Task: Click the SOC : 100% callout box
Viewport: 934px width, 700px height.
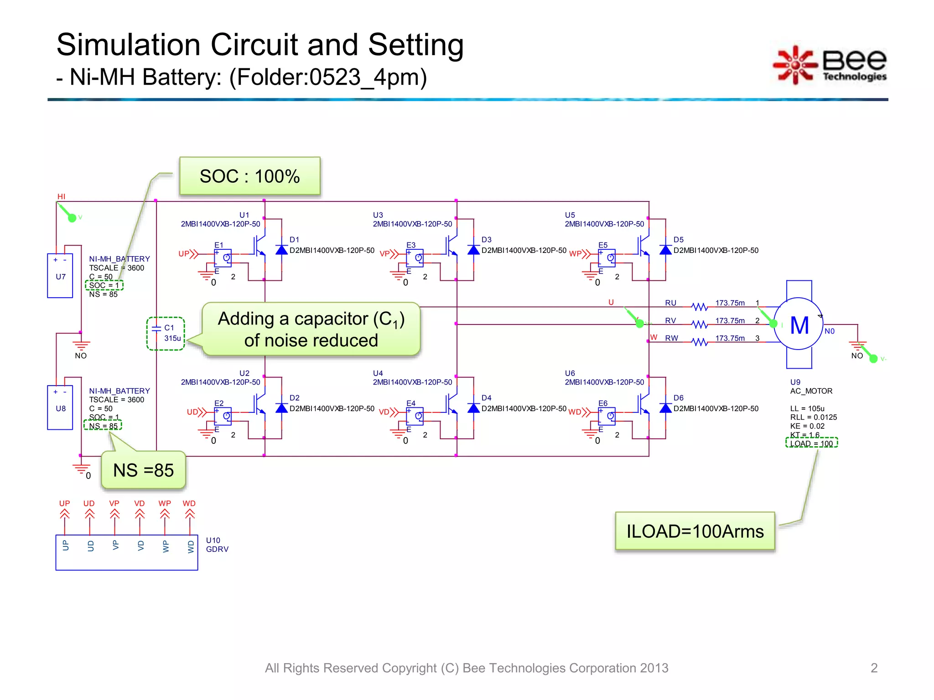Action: point(250,176)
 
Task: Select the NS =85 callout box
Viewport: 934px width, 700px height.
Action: point(143,470)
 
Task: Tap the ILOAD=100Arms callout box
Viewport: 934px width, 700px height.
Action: point(695,531)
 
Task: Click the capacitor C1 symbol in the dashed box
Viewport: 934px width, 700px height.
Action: point(156,328)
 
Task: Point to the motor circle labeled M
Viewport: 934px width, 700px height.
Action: point(799,324)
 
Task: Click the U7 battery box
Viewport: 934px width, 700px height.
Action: point(60,276)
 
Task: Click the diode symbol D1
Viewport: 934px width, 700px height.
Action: point(281,250)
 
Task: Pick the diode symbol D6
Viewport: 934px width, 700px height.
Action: point(665,408)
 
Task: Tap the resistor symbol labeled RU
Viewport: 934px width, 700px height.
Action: point(699,307)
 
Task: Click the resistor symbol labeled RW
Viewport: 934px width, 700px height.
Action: point(699,342)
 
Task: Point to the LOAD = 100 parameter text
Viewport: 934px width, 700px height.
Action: point(811,443)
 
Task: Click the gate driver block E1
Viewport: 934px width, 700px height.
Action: point(223,258)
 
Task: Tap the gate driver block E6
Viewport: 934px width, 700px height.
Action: point(607,416)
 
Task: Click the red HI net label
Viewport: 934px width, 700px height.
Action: point(61,196)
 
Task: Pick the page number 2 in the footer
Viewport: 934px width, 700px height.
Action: point(874,668)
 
